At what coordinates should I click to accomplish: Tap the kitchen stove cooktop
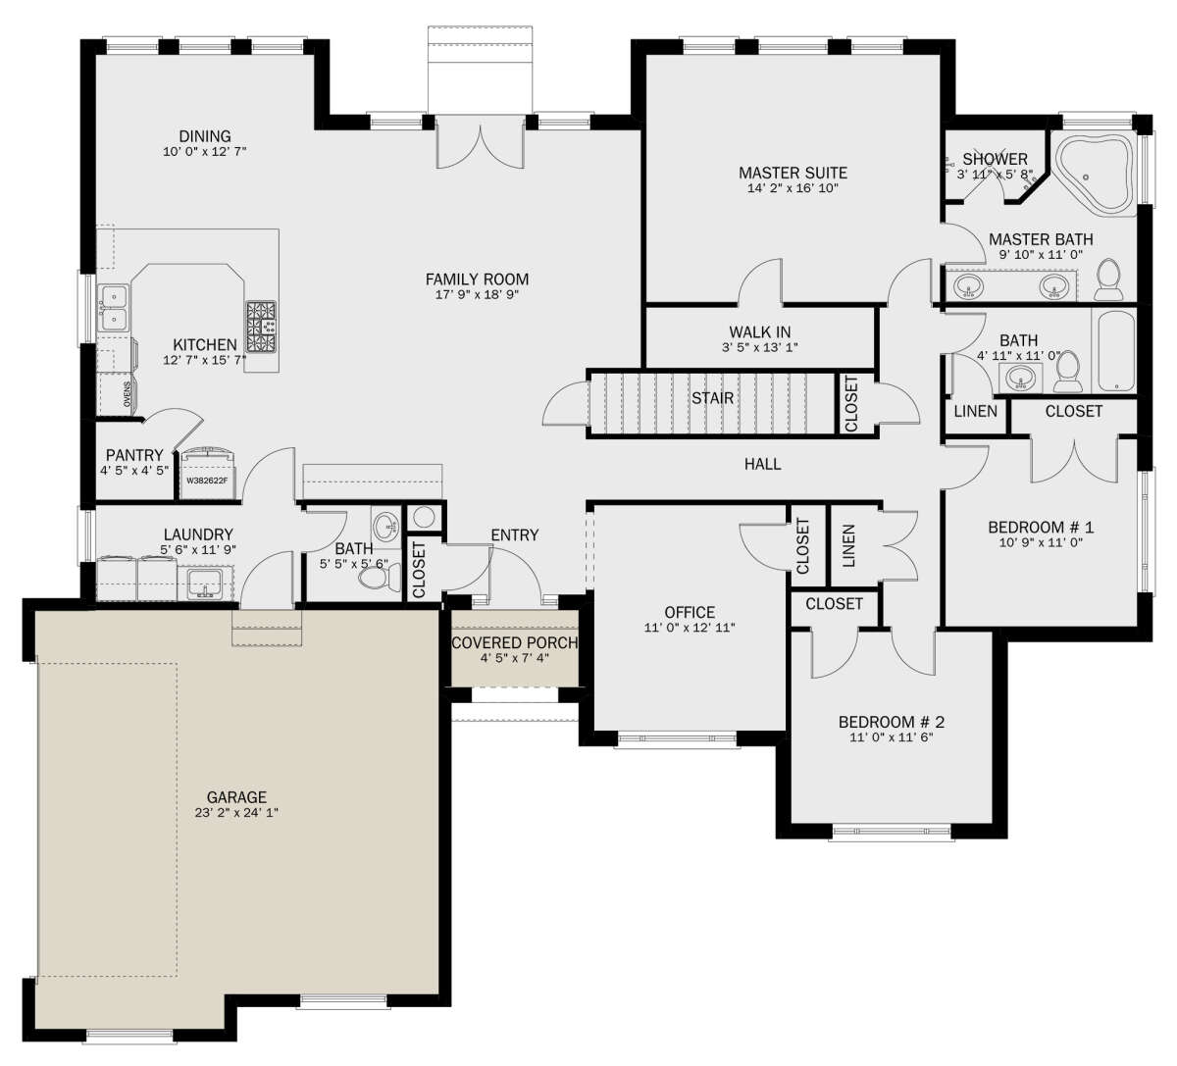coord(261,327)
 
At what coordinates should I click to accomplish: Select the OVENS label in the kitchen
coord(128,394)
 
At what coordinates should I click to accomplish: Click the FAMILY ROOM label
coord(477,279)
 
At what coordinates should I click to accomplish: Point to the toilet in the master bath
coord(1108,280)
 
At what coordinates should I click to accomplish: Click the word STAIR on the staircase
coord(712,398)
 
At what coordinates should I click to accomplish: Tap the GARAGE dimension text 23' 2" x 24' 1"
coord(236,813)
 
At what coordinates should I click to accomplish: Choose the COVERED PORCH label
coord(515,643)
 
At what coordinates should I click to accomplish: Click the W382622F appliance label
coord(207,481)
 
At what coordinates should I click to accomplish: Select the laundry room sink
coord(204,584)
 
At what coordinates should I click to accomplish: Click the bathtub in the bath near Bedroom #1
coord(1116,350)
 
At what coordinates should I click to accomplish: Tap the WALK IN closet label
coord(760,332)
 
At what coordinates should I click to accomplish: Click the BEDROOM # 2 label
coord(892,722)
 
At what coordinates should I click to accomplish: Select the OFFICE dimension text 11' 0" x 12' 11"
coord(690,628)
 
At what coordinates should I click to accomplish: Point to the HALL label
coord(763,464)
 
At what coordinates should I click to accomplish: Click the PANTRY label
coord(134,455)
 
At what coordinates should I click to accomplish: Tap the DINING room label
coord(205,136)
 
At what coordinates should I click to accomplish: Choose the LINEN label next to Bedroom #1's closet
coord(975,411)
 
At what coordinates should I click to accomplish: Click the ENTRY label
coord(515,535)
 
